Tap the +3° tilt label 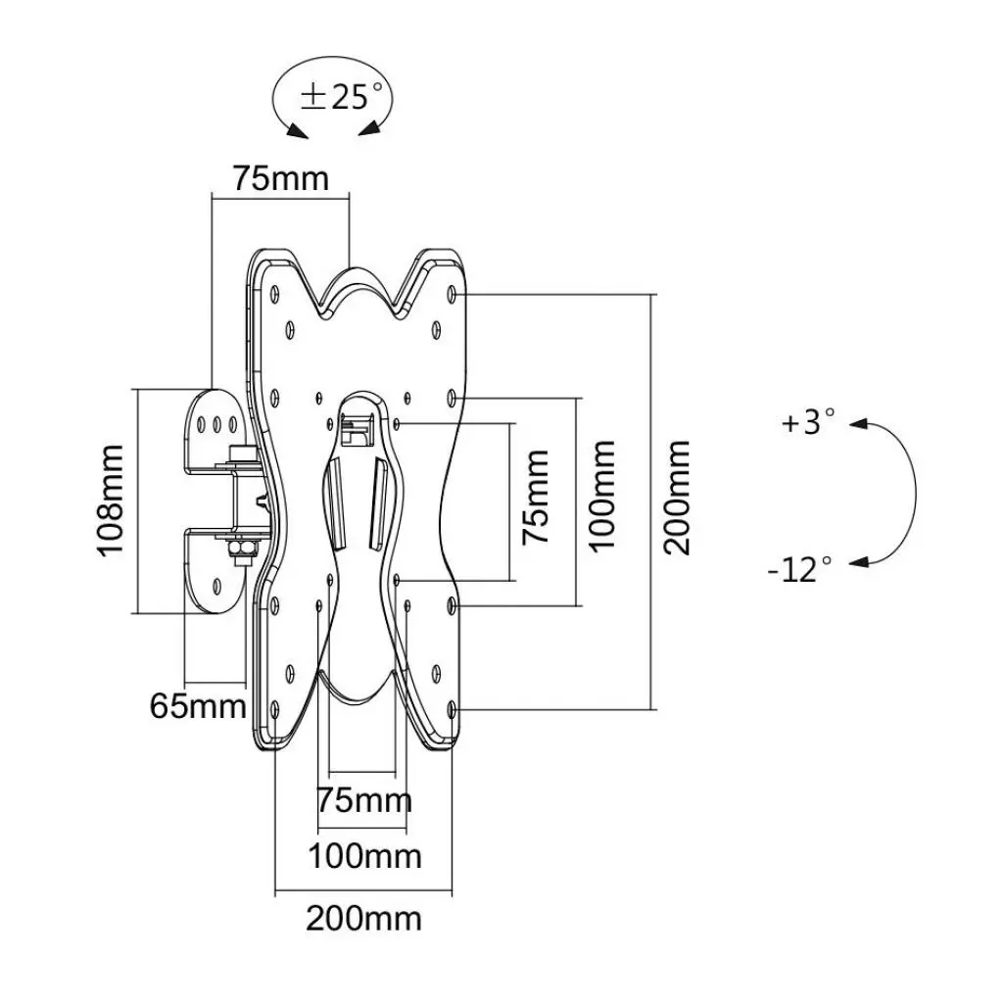coord(808,423)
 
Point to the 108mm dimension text coord(110,501)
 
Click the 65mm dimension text coord(198,705)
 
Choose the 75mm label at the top coord(280,179)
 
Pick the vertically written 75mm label coord(535,498)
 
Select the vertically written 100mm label coord(603,498)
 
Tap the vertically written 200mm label coord(676,498)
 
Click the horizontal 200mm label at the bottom coord(363,919)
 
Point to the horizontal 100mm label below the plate coord(364,856)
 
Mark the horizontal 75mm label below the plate coord(364,800)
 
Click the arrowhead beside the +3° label coord(859,424)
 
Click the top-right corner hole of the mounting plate coord(452,293)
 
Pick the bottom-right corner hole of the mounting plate coord(452,708)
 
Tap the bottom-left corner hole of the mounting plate coord(275,708)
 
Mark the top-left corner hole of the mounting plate coord(275,293)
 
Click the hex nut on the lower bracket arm coord(239,551)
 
